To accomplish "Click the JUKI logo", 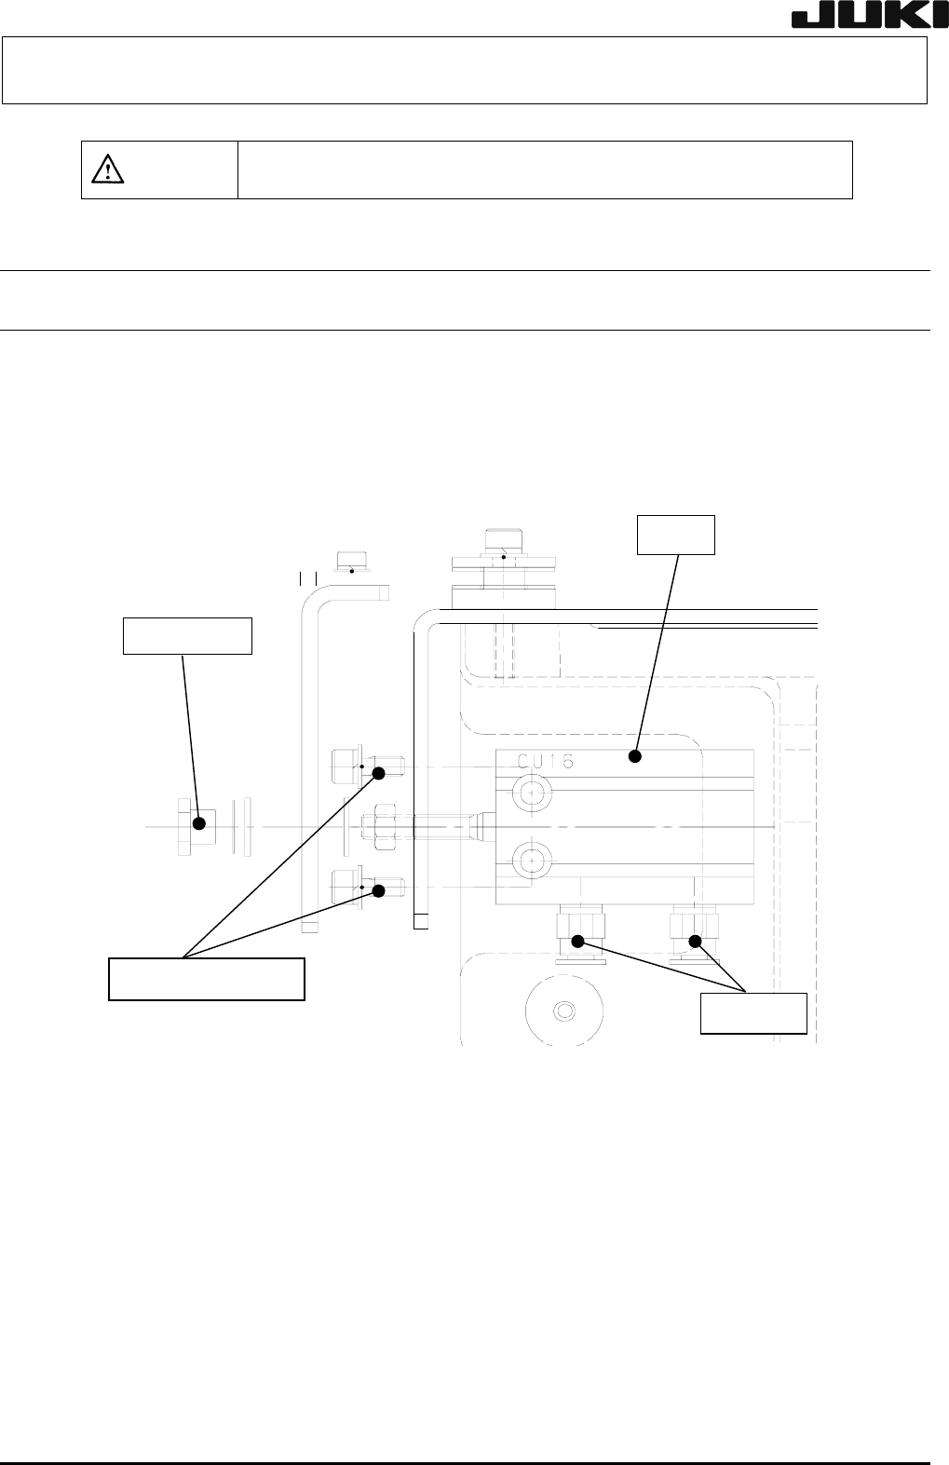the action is [x=865, y=19].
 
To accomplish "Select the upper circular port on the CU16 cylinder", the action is [x=533, y=793].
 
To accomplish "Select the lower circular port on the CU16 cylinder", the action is [x=533, y=858].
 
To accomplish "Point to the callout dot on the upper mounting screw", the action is [x=379, y=773].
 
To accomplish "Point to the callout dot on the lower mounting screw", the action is [x=379, y=890].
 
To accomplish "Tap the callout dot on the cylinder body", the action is [x=636, y=756].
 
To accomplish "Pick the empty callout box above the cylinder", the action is [x=676, y=534].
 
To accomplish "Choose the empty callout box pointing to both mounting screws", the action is [x=207, y=978].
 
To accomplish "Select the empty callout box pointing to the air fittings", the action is [x=753, y=1013].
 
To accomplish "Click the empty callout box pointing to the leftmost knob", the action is [x=188, y=636].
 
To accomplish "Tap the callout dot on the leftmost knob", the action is [x=198, y=823].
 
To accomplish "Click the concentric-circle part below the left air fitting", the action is [x=563, y=1011].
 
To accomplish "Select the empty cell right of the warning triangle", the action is [x=545, y=170].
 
